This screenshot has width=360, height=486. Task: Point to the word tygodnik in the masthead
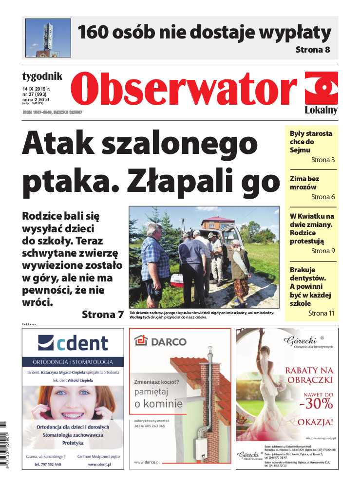tap(42, 76)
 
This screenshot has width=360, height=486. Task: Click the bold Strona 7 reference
tap(103, 314)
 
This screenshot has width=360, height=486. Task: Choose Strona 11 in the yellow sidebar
tap(322, 313)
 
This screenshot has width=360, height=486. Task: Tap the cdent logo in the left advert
tap(73, 343)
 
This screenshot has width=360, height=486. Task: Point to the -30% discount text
tap(316, 403)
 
